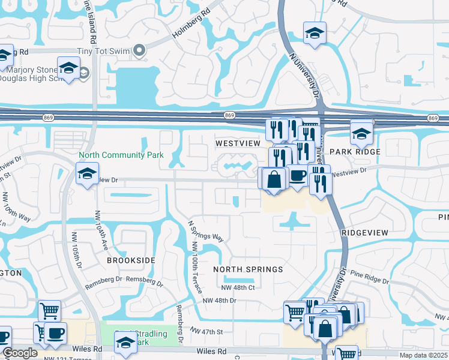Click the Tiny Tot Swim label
coord(104,52)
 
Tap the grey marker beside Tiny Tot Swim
coord(140,52)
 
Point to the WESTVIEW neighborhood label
coord(238,144)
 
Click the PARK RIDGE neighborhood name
coord(355,152)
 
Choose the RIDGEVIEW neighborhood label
coord(365,232)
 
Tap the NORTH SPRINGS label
coord(248,269)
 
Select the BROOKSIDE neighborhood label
coord(131,260)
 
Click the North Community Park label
coord(121,155)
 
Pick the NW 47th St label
coord(206,331)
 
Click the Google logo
coord(20,353)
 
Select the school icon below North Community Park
coord(88,175)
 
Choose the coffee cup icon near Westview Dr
coord(297,176)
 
